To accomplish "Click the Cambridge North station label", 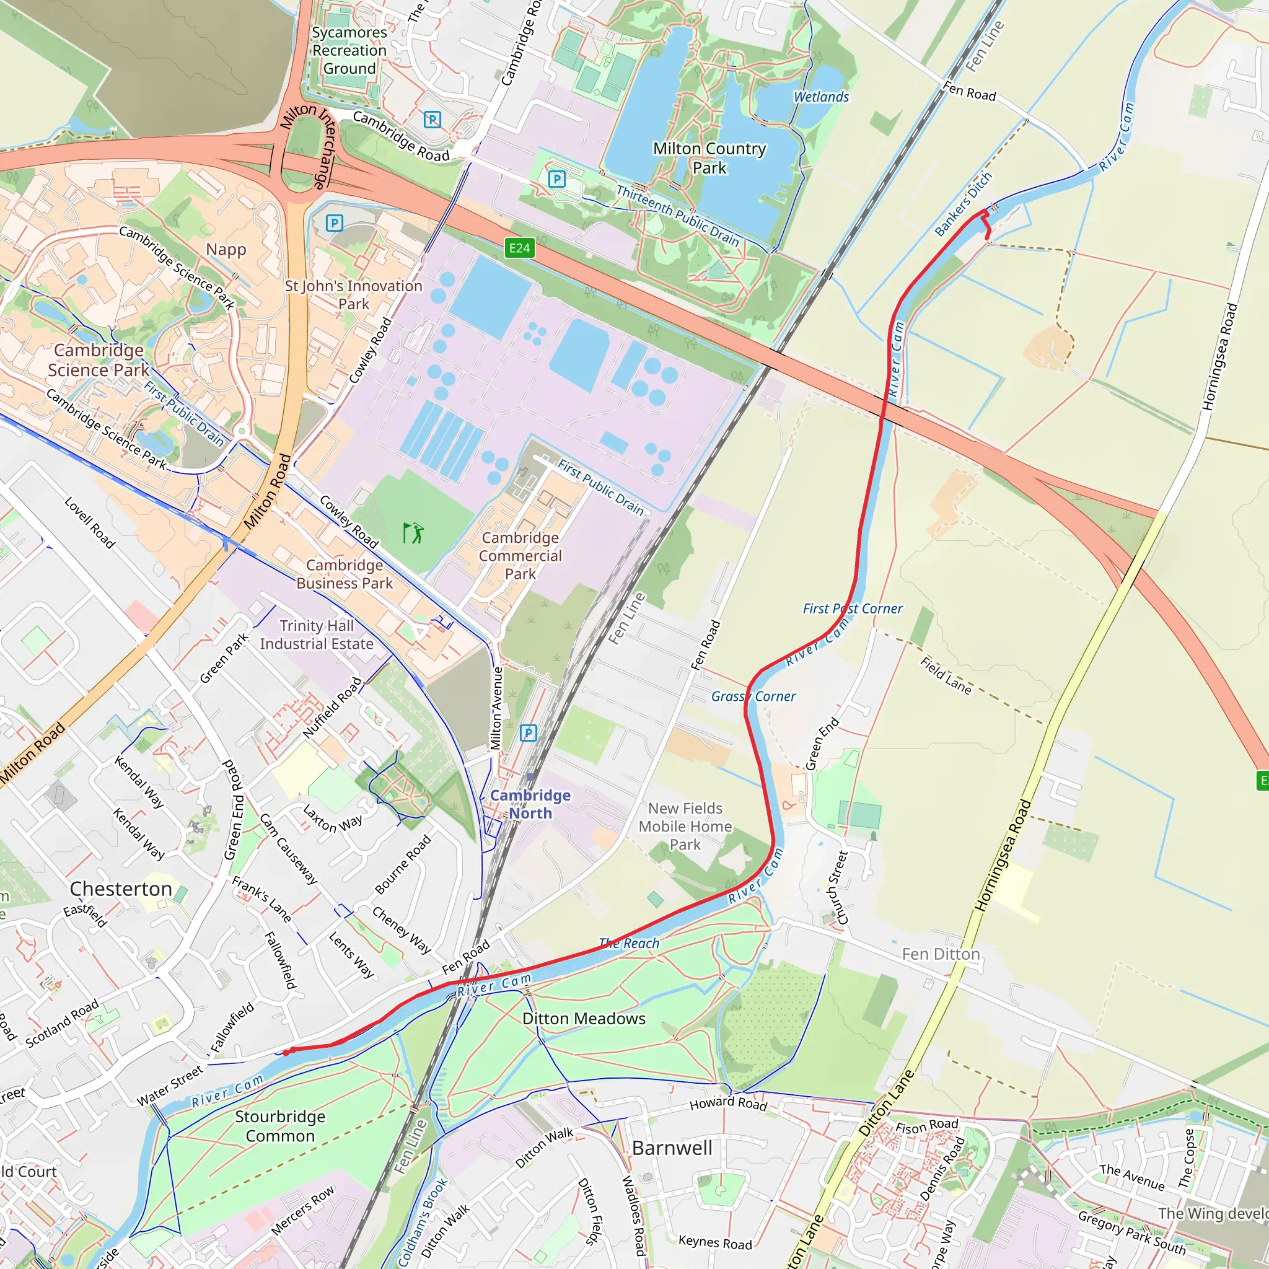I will tap(530, 804).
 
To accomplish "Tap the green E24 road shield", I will tap(519, 248).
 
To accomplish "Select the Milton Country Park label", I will tap(709, 158).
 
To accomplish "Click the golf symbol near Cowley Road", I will tap(413, 532).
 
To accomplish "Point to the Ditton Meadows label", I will tap(583, 1018).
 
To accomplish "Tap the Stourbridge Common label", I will tap(280, 1126).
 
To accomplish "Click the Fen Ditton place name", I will tap(941, 954).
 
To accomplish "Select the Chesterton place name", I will tap(121, 889).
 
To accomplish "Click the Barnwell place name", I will tap(672, 1148).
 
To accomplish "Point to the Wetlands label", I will tap(821, 97).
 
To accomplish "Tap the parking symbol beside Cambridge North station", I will tap(528, 732).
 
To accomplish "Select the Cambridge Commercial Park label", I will tap(520, 556).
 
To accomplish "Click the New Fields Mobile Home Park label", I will tap(685, 827).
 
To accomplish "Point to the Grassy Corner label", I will tap(753, 696).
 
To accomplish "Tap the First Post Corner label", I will tap(853, 609).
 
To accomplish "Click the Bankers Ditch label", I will tap(963, 204).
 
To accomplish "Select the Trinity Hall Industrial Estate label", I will tap(317, 634).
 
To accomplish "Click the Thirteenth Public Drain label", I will tap(677, 216).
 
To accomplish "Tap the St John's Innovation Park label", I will tap(353, 295).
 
